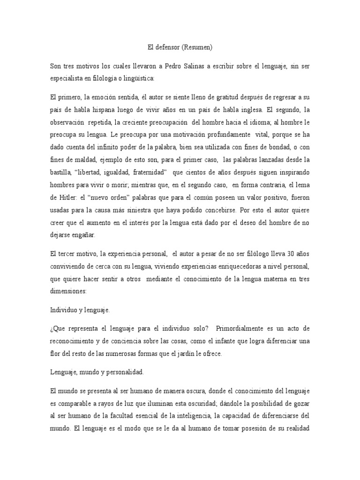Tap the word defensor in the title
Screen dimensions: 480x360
166,47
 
